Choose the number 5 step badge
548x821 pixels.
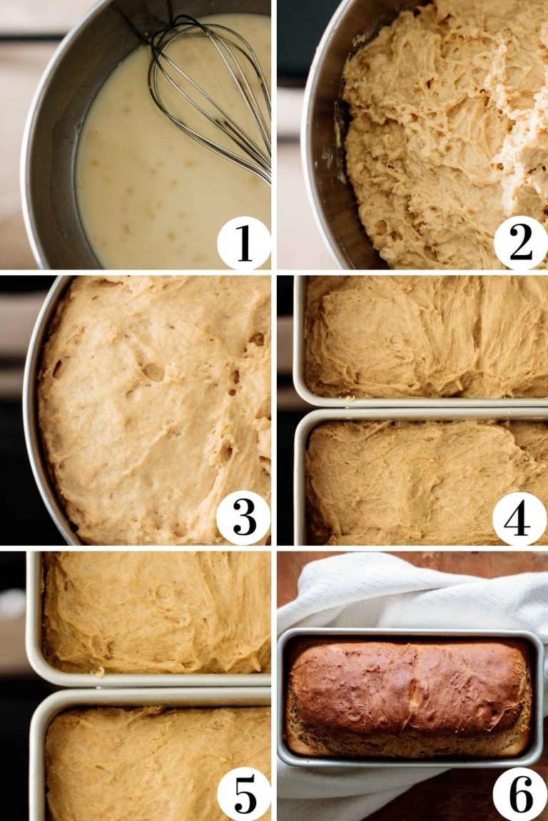click(243, 793)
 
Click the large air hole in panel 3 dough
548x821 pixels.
click(153, 371)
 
